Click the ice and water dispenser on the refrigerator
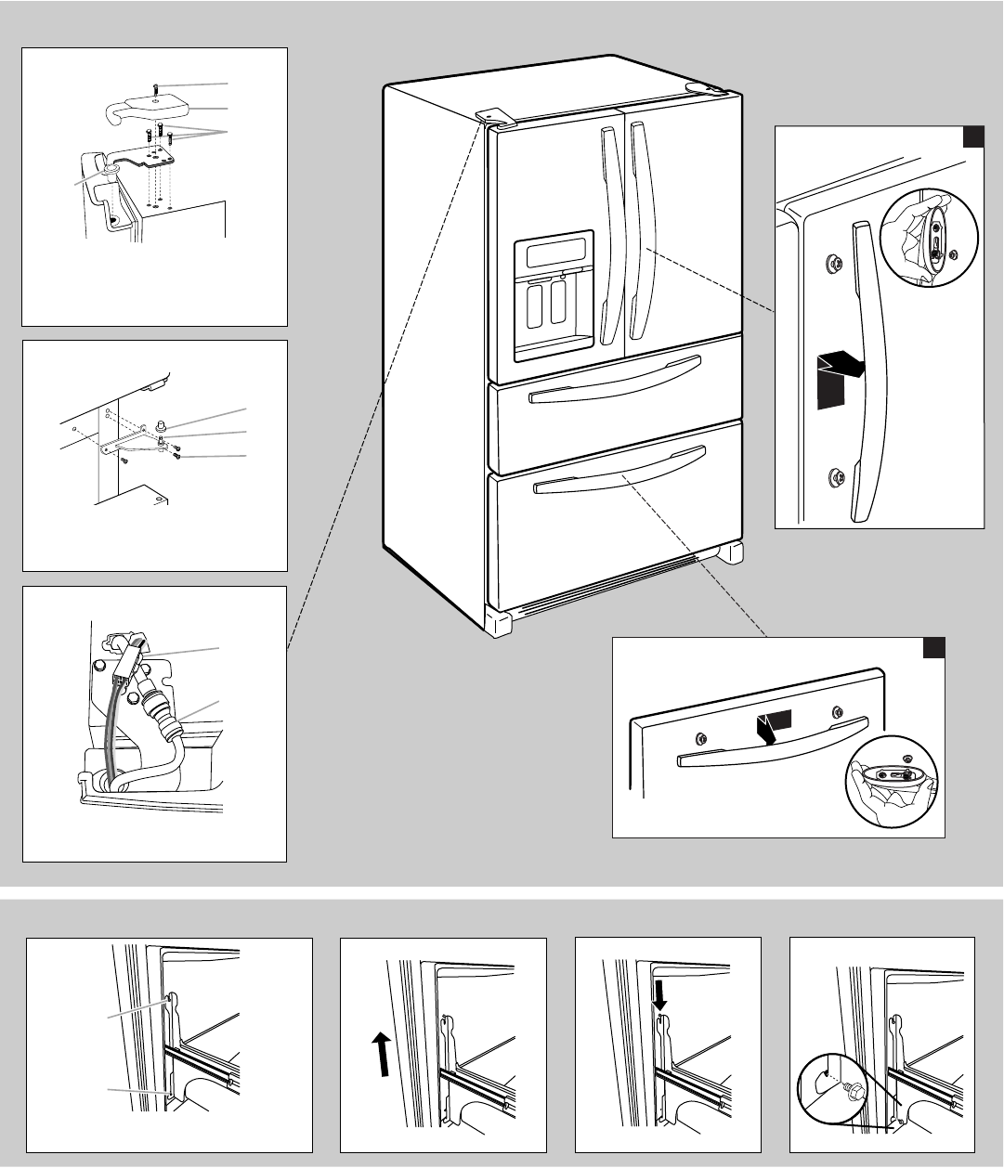point(554,295)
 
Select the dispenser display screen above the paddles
point(555,251)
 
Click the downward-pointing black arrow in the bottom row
point(659,996)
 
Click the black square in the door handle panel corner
point(972,137)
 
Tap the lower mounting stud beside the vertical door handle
point(833,478)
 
